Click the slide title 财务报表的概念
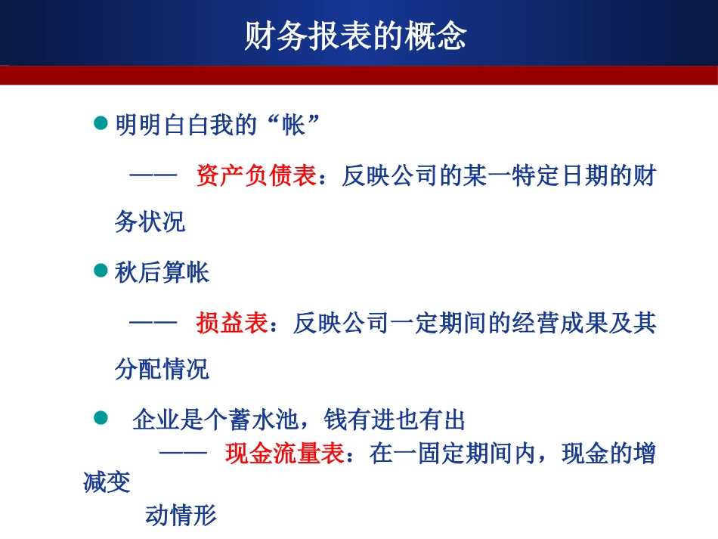(355, 36)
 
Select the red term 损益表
(232, 324)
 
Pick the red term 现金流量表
(285, 454)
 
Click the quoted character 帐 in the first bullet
(292, 125)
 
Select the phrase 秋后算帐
(162, 273)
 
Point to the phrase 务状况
(150, 222)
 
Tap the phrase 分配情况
(162, 370)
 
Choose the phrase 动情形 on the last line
(181, 516)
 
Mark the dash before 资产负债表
(153, 177)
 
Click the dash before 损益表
(153, 324)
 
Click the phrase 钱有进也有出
(394, 420)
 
